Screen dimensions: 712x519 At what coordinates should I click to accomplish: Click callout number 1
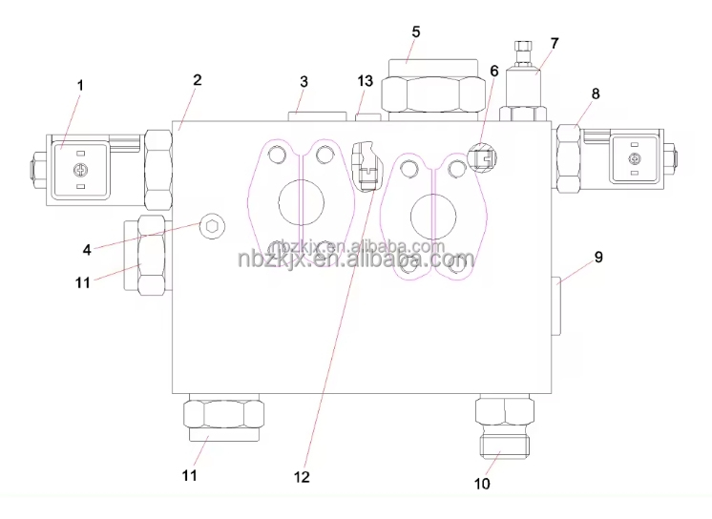(x=80, y=85)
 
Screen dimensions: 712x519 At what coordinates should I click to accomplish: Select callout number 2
(x=197, y=80)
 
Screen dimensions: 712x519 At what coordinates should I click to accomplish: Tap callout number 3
(x=304, y=82)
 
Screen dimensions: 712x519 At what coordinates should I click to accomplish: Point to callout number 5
(x=416, y=31)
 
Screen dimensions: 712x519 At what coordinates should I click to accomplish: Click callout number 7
(x=554, y=43)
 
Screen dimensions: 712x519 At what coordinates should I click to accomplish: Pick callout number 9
(x=598, y=257)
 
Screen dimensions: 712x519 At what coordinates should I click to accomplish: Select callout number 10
(x=482, y=484)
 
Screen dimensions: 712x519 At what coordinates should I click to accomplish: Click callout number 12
(x=302, y=477)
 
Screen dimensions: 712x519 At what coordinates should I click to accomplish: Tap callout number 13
(x=366, y=81)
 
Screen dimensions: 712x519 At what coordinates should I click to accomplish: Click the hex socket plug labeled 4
(x=212, y=226)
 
